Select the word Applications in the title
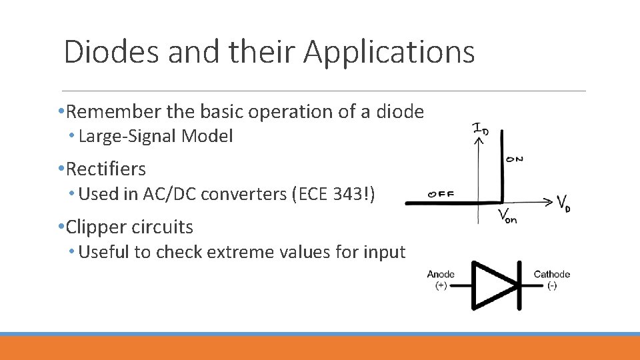pyautogui.click(x=389, y=51)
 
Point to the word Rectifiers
pyautogui.click(x=106, y=169)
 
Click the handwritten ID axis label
pyautogui.click(x=480, y=129)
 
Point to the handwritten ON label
pyautogui.click(x=514, y=159)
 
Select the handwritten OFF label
pyautogui.click(x=441, y=195)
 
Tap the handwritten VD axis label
pyautogui.click(x=563, y=203)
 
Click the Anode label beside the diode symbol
pyautogui.click(x=441, y=274)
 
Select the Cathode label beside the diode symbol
pyautogui.click(x=551, y=274)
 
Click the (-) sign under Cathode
pyautogui.click(x=551, y=286)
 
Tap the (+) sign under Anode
pyautogui.click(x=441, y=286)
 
